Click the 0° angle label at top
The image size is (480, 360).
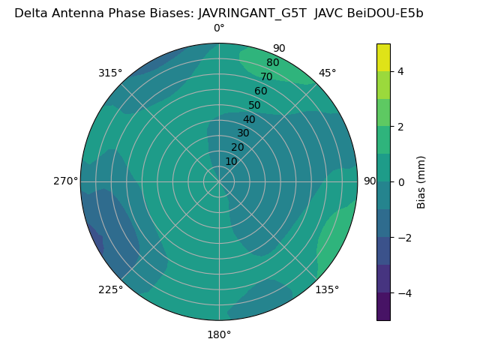pyautogui.click(x=219, y=28)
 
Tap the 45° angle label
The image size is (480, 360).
pyautogui.click(x=328, y=73)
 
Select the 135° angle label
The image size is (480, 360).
pyautogui.click(x=327, y=289)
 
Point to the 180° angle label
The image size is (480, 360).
pyautogui.click(x=219, y=334)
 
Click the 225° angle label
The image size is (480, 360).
pyautogui.click(x=110, y=289)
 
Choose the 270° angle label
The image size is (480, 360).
pyautogui.click(x=65, y=181)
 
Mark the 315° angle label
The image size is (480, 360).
pyautogui.click(x=110, y=73)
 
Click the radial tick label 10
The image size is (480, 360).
pyautogui.click(x=231, y=161)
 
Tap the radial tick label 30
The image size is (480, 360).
pyautogui.click(x=243, y=133)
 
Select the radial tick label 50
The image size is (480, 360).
pyautogui.click(x=254, y=105)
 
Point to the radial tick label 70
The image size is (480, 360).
pyautogui.click(x=266, y=76)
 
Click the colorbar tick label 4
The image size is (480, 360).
pyautogui.click(x=400, y=71)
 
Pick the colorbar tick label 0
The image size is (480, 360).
pyautogui.click(x=400, y=182)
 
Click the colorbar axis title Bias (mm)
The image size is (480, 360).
pyautogui.click(x=421, y=182)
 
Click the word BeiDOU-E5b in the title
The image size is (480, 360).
pyautogui.click(x=385, y=13)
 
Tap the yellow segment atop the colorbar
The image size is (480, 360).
pyautogui.click(x=383, y=57)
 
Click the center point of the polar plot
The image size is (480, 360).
pyautogui.click(x=219, y=181)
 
